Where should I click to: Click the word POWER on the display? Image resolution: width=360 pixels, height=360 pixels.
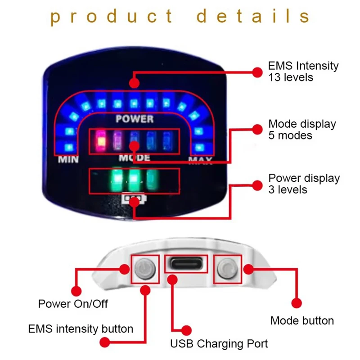135,119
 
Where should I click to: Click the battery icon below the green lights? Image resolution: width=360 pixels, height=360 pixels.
134,199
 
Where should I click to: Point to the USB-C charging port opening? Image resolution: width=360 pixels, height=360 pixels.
186,264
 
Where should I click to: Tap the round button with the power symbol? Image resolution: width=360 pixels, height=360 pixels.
145,269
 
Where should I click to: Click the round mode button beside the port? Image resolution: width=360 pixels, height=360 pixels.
227,269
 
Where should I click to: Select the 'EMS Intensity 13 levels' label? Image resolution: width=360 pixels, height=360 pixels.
303,71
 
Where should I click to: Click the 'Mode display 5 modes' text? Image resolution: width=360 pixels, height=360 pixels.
301,129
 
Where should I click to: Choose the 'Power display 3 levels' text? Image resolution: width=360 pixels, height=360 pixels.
304,184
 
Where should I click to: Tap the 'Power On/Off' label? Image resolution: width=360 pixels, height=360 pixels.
73,304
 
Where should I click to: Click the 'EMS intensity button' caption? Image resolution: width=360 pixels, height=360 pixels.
81,329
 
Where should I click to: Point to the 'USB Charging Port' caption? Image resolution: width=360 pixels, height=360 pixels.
219,344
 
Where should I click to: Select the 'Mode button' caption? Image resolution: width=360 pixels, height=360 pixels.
302,321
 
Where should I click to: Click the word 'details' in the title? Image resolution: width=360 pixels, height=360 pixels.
253,17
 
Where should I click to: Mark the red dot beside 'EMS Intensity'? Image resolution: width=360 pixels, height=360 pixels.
257,72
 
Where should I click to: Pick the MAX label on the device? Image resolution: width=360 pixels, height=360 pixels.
200,161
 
